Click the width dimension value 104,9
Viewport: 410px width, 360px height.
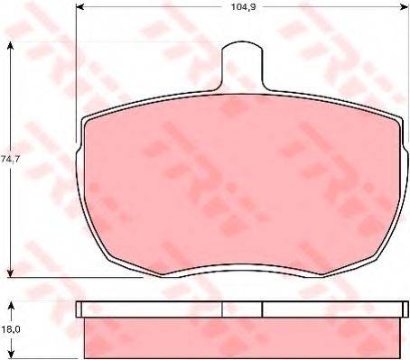[x=243, y=7]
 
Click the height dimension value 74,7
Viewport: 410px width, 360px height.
[x=10, y=160]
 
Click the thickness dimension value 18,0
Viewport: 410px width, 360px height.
[x=10, y=329]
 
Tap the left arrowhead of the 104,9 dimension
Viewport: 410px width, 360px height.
[x=79, y=7]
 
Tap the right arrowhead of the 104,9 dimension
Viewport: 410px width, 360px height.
[x=405, y=7]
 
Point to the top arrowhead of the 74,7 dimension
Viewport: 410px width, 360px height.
[x=11, y=46]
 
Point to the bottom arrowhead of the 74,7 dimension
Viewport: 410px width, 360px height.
[x=11, y=273]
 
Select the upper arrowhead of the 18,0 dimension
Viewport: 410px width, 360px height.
[x=11, y=307]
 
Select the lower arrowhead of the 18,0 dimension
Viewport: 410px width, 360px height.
[x=11, y=355]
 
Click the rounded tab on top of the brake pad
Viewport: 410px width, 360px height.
[x=242, y=66]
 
